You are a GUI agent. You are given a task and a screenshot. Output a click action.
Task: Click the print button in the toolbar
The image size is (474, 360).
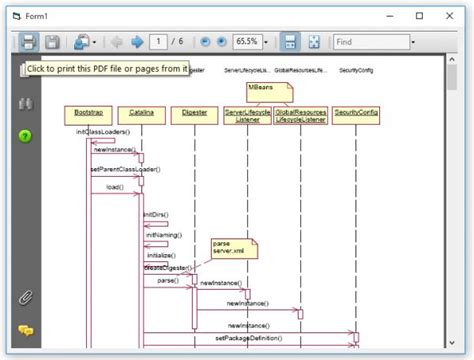tap(29, 42)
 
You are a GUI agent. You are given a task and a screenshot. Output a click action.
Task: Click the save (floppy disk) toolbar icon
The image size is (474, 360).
tap(53, 42)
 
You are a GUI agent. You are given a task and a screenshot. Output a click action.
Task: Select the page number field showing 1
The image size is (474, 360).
tap(158, 42)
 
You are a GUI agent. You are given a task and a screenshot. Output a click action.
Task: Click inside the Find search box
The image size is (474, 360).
tap(369, 42)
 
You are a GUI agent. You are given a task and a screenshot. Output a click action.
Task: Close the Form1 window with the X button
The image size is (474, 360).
tap(449, 15)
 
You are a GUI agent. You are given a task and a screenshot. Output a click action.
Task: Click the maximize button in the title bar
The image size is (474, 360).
tap(419, 15)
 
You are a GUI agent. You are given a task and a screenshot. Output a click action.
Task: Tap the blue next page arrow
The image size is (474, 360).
tap(137, 42)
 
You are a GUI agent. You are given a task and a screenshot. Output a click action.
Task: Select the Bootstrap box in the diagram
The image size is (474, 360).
tap(86, 113)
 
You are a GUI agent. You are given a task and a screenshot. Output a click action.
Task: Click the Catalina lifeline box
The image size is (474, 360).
tap(140, 113)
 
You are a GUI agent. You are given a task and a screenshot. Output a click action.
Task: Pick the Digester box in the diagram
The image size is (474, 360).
tap(195, 113)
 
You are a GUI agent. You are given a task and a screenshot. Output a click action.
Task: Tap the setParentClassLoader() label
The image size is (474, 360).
tap(124, 169)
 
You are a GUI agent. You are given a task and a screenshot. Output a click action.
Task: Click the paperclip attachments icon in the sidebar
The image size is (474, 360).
tap(26, 297)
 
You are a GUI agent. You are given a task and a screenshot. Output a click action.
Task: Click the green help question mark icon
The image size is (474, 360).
tap(25, 136)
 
